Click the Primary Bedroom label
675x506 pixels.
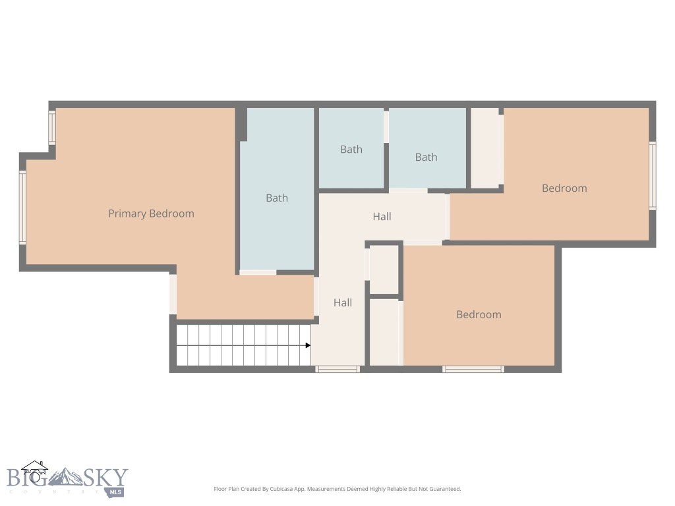point(151,213)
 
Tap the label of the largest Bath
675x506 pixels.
point(277,198)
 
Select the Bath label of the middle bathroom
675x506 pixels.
point(351,150)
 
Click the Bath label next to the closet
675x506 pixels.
point(426,157)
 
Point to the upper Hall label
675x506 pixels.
point(382,216)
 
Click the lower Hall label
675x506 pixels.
point(342,303)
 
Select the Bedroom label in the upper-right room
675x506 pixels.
point(564,188)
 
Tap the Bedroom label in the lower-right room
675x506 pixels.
point(479,315)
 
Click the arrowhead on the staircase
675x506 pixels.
point(308,345)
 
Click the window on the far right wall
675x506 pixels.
point(653,176)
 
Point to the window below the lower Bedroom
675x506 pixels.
point(473,369)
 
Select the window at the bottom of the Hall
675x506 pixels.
point(337,369)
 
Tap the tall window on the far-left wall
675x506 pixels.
point(22,208)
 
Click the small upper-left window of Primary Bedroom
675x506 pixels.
point(52,127)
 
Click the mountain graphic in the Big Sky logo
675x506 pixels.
point(65,477)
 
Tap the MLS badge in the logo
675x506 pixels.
point(115,492)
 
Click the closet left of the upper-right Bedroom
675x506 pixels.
point(486,148)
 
